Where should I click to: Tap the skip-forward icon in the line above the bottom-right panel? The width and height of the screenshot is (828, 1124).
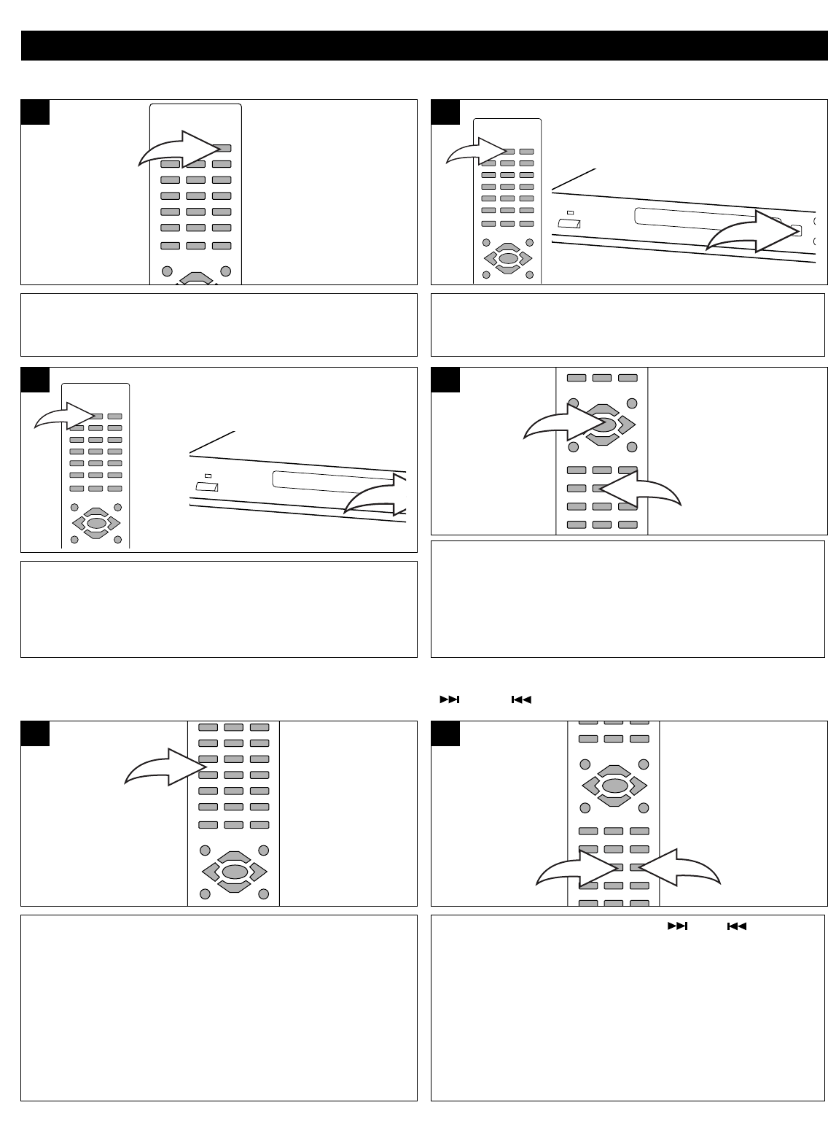tap(449, 699)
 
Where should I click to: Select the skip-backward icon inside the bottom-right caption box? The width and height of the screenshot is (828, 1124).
tap(737, 926)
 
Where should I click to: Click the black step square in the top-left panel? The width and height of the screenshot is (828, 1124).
tap(35, 112)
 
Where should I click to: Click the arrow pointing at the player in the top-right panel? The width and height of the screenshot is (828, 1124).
tap(758, 232)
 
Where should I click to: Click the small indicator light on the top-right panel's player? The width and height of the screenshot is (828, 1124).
tap(570, 212)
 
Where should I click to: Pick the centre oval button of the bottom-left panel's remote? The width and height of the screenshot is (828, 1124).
tap(234, 871)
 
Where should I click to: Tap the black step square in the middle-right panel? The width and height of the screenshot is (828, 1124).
tap(446, 380)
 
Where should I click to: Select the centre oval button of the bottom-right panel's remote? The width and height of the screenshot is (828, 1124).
tap(614, 786)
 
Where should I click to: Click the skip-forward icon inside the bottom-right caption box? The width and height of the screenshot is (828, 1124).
tap(678, 926)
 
